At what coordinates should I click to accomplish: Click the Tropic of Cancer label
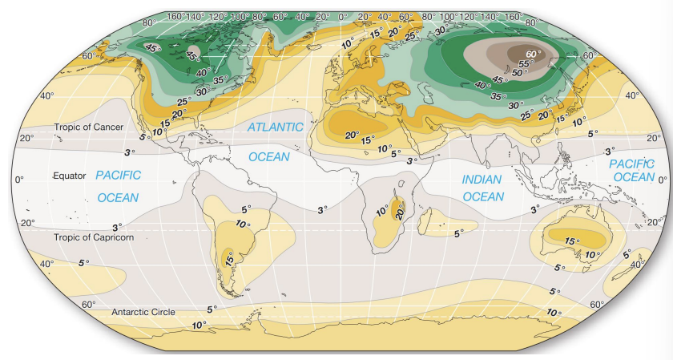tap(88, 127)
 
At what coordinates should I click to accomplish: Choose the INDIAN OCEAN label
tap(483, 188)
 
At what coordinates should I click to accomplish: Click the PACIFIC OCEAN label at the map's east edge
tap(632, 170)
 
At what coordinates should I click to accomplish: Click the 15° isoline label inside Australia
tap(571, 241)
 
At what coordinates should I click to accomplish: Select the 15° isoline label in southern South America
tap(229, 260)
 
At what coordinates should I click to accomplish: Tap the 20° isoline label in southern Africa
tap(398, 212)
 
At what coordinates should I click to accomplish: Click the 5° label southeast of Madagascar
tap(457, 234)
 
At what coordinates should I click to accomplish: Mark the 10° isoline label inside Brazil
tap(243, 224)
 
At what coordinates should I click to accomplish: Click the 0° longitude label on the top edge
tap(343, 16)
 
